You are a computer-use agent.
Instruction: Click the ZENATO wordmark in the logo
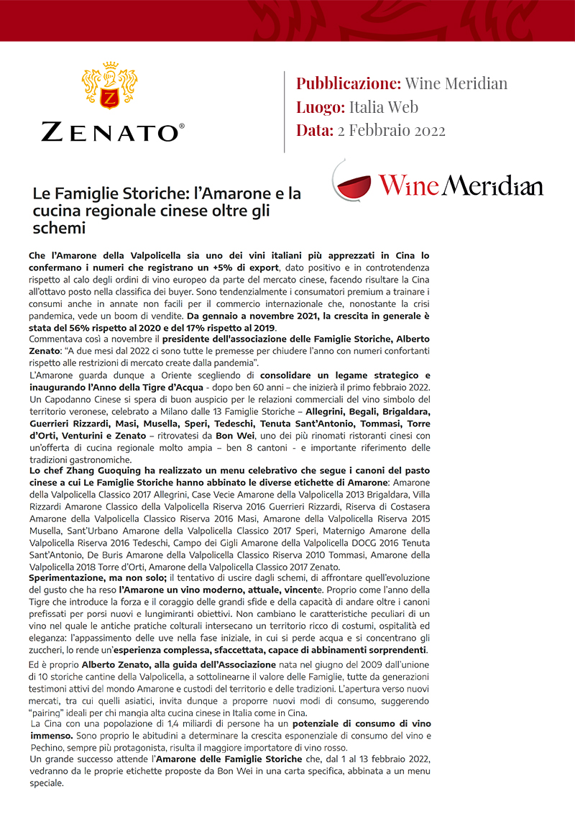112,132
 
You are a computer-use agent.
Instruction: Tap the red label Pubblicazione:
349,83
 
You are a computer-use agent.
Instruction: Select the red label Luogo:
321,107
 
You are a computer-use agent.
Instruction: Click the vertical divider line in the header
285,111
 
